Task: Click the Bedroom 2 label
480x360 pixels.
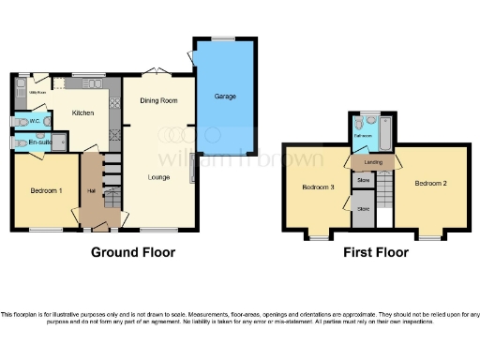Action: (430, 182)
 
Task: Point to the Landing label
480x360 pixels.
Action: (372, 162)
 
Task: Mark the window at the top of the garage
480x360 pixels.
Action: (224, 37)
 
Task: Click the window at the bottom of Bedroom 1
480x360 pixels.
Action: (45, 230)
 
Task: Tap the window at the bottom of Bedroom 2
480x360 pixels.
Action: (427, 237)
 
